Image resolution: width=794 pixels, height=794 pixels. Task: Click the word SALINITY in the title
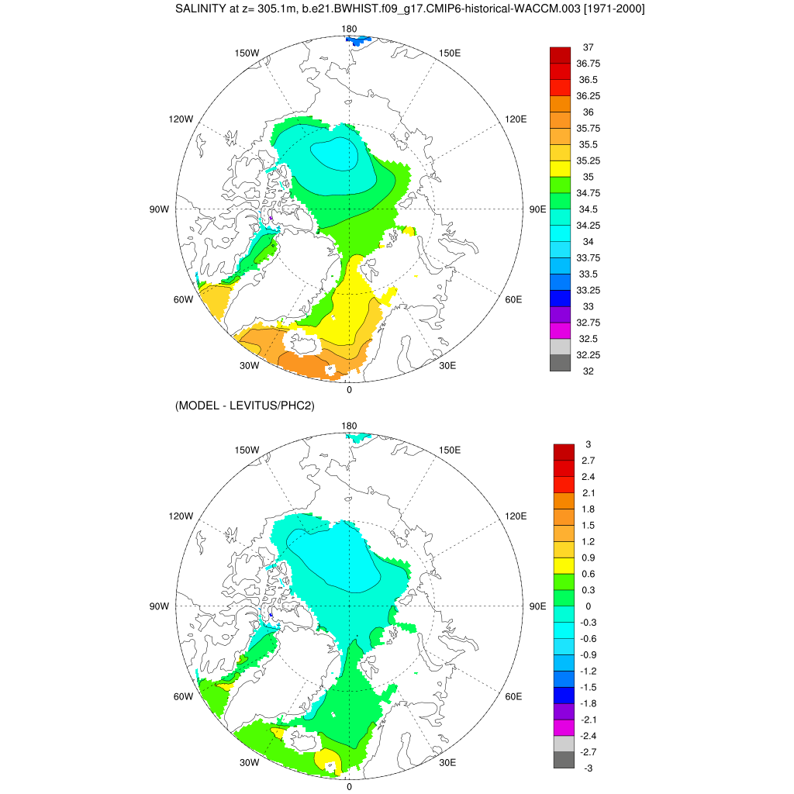(x=201, y=9)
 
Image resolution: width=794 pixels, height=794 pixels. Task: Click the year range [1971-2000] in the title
(x=609, y=9)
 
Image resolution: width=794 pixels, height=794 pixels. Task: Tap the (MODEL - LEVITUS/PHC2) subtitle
(x=244, y=405)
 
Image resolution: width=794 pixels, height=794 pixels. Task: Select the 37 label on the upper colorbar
(x=588, y=47)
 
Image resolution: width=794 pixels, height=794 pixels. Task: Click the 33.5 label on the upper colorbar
(x=588, y=274)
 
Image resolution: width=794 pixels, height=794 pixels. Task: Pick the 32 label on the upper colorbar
(x=588, y=371)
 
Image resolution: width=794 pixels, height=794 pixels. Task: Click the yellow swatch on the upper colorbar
(x=560, y=168)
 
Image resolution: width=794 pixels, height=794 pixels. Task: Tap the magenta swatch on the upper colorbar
(x=560, y=330)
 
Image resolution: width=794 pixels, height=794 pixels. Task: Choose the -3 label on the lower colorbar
(x=589, y=768)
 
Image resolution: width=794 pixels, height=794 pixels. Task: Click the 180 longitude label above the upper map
(x=349, y=29)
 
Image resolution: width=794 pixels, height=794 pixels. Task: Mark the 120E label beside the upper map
(x=516, y=119)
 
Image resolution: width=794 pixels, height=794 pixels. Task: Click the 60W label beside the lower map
(x=182, y=696)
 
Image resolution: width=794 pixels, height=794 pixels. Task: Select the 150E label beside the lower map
(x=451, y=450)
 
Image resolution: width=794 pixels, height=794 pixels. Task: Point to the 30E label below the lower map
(x=447, y=762)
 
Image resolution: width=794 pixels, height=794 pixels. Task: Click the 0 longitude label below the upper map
(x=349, y=389)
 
